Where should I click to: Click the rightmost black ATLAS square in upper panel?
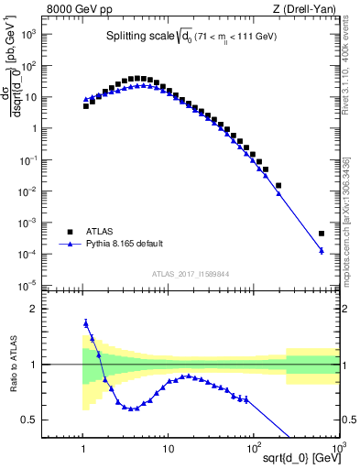(x=322, y=234)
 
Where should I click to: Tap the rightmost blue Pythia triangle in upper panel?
(x=322, y=250)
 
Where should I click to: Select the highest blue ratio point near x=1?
(x=85, y=322)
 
